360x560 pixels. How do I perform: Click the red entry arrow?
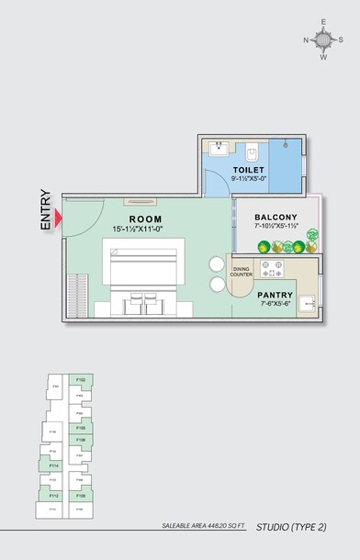coord(59,218)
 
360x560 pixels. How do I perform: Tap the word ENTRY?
coord(46,209)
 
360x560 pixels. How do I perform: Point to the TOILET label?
coord(248,171)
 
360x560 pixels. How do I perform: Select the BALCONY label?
coord(276,218)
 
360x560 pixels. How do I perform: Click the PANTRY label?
coord(276,296)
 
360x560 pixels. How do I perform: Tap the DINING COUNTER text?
coord(241,272)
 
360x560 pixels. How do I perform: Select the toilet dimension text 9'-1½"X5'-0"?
coord(248,181)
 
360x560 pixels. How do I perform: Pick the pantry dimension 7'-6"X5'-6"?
coord(276,305)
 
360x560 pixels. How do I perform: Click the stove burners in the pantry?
coord(272,269)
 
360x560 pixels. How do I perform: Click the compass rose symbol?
coord(322,39)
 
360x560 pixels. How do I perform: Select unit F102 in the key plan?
coord(82,380)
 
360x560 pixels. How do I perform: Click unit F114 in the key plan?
coord(54,466)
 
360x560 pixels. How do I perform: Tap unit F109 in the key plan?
coord(82,496)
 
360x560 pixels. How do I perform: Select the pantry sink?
coord(309,299)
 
